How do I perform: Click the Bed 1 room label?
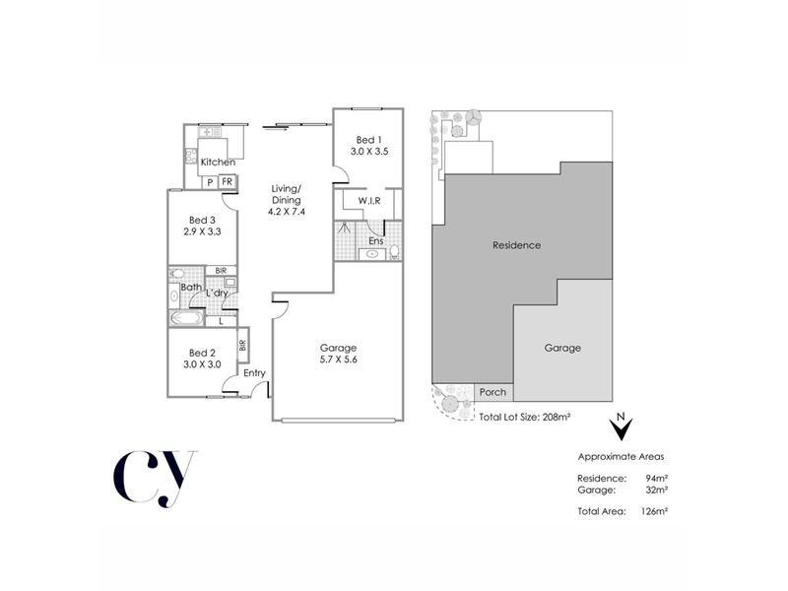(365, 140)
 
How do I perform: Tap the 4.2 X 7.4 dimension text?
(287, 212)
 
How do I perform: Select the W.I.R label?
(369, 201)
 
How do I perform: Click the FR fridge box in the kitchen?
(228, 181)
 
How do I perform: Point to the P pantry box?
(210, 182)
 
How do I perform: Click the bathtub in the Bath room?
(186, 317)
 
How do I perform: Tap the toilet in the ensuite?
(395, 251)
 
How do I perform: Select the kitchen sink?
(210, 132)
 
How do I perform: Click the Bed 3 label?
(202, 220)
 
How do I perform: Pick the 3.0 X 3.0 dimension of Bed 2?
(202, 364)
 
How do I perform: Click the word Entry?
(254, 373)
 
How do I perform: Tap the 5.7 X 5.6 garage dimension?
(338, 360)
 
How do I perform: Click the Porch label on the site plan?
(492, 392)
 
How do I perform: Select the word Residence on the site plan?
(516, 245)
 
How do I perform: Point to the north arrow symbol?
(622, 427)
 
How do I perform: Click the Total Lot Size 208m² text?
(525, 417)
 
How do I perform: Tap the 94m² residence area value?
(657, 478)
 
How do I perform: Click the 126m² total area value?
(654, 511)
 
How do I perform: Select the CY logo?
(154, 479)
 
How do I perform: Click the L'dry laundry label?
(217, 293)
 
